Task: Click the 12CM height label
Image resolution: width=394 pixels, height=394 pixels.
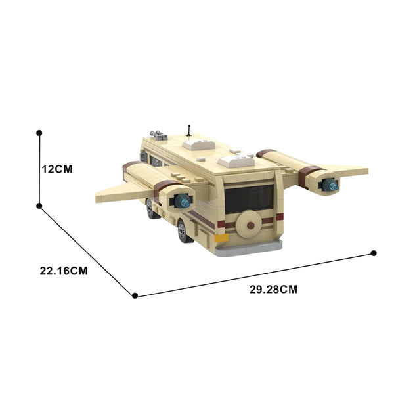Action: point(57,169)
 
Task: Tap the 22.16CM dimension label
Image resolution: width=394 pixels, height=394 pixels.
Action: point(64,271)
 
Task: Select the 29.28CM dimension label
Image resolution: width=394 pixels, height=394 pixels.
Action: point(273,290)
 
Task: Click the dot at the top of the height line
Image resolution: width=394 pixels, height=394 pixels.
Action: point(39,133)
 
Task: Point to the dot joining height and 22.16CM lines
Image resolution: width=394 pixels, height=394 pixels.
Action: point(39,206)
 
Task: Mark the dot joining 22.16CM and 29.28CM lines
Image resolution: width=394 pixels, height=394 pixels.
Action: point(135,295)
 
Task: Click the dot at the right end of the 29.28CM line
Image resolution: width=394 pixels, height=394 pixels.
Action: point(374,253)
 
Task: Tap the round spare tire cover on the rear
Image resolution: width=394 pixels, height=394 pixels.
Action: point(249,225)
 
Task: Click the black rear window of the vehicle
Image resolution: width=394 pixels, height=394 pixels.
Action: point(249,199)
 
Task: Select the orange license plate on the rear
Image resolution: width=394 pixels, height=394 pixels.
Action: point(221,238)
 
